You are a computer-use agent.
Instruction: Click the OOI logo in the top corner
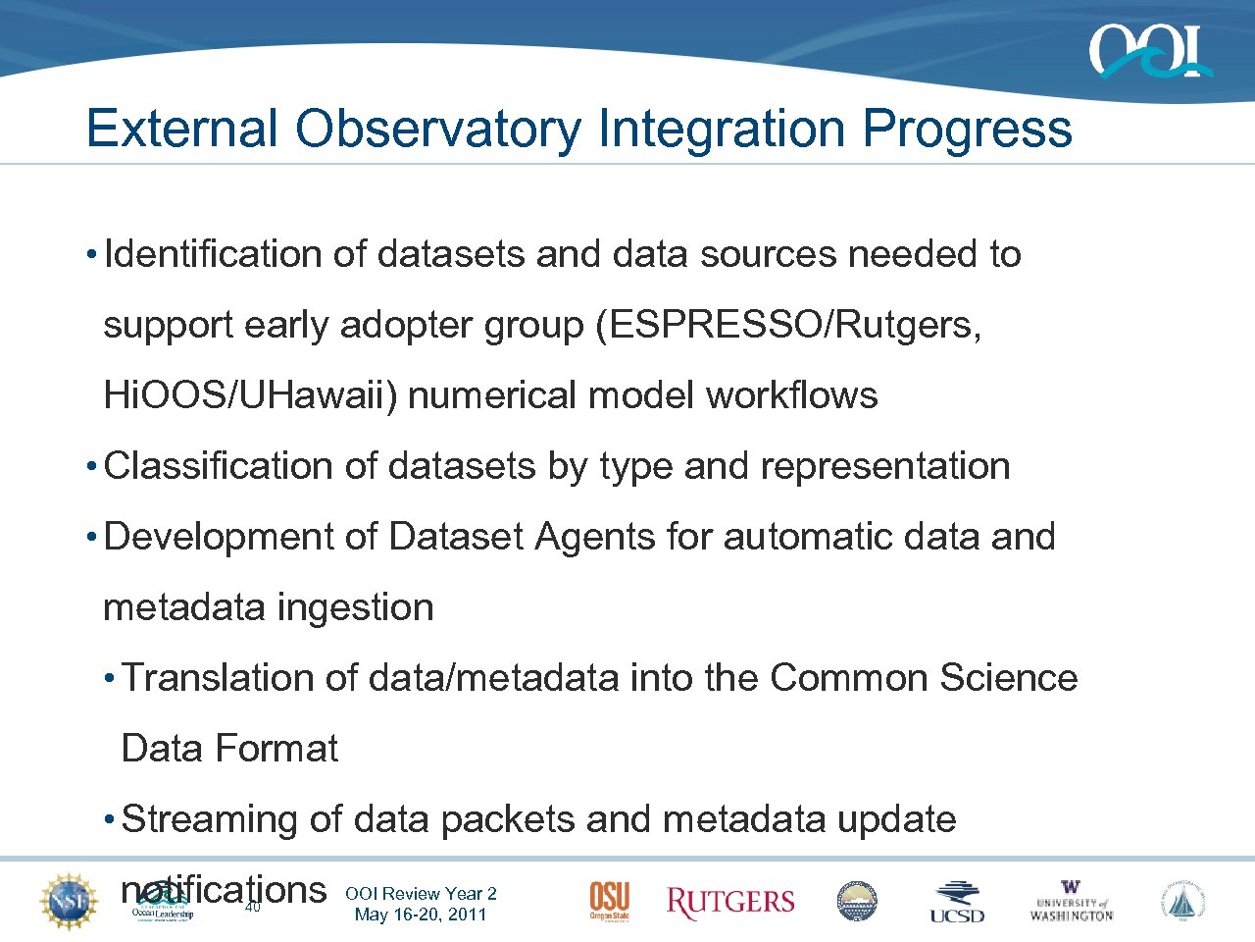tap(1149, 52)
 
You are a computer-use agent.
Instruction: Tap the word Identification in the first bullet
tap(213, 254)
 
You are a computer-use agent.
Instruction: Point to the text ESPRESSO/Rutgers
tap(794, 325)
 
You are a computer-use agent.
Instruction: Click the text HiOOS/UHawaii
tap(251, 395)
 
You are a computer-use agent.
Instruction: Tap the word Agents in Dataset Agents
tap(594, 537)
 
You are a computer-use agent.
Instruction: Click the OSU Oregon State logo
tap(609, 901)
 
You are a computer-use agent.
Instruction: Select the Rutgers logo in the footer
tap(729, 902)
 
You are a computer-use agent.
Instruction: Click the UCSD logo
tap(957, 902)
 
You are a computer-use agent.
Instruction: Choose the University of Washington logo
tap(1071, 901)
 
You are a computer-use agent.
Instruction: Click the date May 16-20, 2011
tap(421, 915)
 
